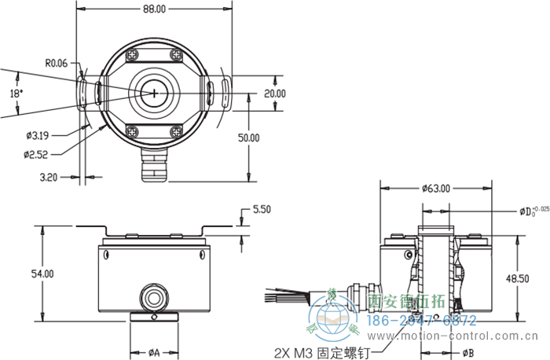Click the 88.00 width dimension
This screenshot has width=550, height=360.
(155, 9)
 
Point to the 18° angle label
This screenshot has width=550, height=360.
(16, 93)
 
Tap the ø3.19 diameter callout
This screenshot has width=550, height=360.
(38, 135)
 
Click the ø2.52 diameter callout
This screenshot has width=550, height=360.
(38, 155)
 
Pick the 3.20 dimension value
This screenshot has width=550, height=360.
(49, 178)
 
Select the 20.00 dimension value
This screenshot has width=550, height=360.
(274, 93)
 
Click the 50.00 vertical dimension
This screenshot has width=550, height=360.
(249, 138)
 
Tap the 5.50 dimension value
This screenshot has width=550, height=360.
(262, 210)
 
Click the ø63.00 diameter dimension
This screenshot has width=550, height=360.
(435, 189)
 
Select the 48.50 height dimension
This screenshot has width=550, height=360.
(518, 278)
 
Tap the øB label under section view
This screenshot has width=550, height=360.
(468, 352)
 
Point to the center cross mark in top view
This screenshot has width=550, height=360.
(155, 93)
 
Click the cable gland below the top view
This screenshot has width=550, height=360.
(154, 164)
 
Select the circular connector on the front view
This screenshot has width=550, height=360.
(154, 296)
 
